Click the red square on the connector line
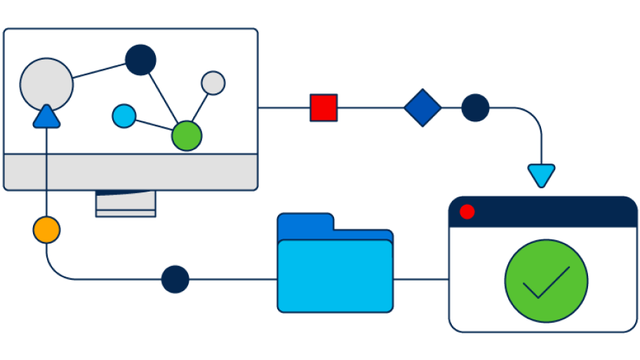point(324,108)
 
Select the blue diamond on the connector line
point(422,108)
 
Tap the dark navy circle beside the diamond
point(475,108)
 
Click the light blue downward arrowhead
point(541,175)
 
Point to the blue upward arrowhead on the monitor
point(46,117)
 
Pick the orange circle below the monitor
point(46,230)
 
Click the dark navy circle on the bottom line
point(175,279)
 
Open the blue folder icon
point(335,274)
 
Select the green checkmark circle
point(546,281)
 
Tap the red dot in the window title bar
point(467,212)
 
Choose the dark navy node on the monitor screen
point(140,60)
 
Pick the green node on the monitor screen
point(187,135)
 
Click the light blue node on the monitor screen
point(124,116)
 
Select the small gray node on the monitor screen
point(213,83)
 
